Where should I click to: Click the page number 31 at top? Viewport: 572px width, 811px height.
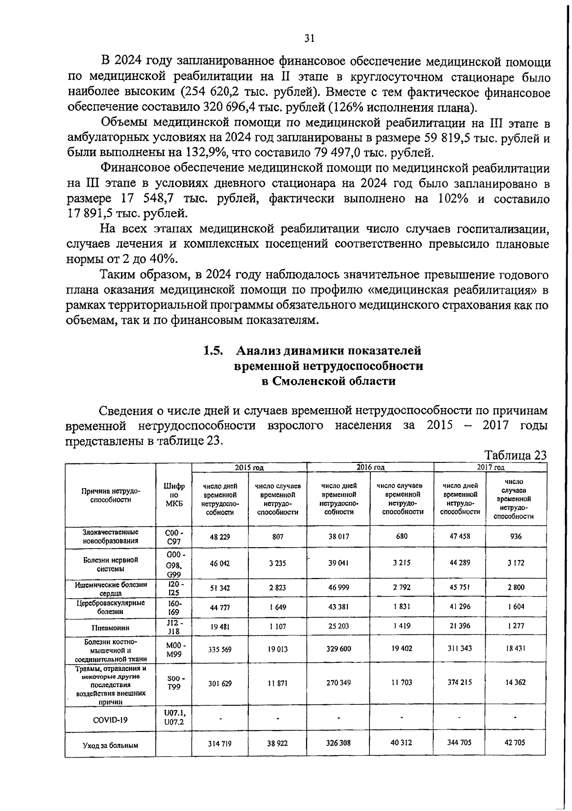pyautogui.click(x=309, y=39)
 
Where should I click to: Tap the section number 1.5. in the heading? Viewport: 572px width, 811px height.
pyautogui.click(x=214, y=351)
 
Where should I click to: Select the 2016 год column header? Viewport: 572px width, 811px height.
pyautogui.click(x=370, y=467)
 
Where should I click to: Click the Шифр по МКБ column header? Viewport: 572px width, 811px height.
pyautogui.click(x=174, y=495)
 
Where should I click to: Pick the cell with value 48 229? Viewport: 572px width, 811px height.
pyautogui.click(x=220, y=536)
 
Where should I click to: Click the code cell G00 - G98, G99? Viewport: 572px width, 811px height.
pyautogui.click(x=174, y=564)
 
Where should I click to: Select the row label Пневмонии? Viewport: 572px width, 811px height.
pyautogui.click(x=111, y=628)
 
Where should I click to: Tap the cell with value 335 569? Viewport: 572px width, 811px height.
pyautogui.click(x=220, y=649)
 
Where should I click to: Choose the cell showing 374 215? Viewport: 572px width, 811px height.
pyautogui.click(x=460, y=682)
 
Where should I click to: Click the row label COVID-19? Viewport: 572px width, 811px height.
pyautogui.click(x=111, y=720)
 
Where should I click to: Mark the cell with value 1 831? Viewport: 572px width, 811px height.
pyautogui.click(x=402, y=607)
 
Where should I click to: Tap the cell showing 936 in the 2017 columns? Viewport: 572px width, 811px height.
pyautogui.click(x=516, y=536)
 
